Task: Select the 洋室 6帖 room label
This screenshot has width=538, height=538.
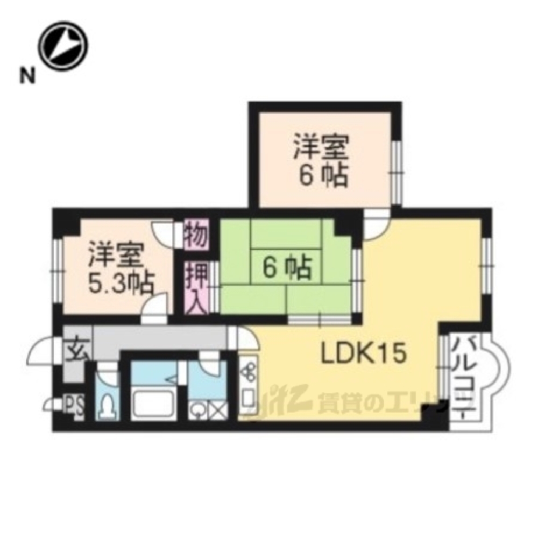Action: click(x=322, y=160)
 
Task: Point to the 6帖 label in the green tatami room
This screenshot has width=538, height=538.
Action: click(x=287, y=267)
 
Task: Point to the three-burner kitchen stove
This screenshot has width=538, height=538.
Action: click(x=249, y=372)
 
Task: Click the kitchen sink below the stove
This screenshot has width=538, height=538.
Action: click(x=249, y=398)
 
